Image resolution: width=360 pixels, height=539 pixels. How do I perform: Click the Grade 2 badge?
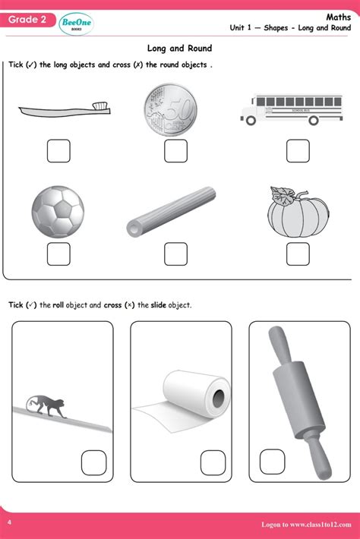click(28, 20)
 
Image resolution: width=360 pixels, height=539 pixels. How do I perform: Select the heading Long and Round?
click(179, 49)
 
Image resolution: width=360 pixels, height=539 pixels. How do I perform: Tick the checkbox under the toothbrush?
click(58, 150)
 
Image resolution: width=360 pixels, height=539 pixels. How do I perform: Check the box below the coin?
click(175, 150)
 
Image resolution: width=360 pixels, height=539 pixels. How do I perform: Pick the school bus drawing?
click(286, 108)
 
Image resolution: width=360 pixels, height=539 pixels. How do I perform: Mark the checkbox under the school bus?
click(298, 150)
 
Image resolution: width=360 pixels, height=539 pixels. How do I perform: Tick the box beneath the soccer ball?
click(58, 254)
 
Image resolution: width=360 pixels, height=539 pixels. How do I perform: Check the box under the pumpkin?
click(298, 254)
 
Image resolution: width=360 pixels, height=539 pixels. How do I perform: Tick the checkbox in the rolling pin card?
click(271, 462)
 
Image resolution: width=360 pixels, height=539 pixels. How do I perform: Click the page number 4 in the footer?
click(9, 523)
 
